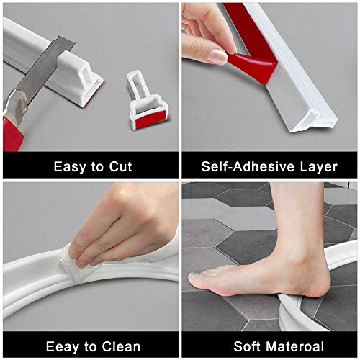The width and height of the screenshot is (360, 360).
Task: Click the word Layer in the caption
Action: click(316, 166)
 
